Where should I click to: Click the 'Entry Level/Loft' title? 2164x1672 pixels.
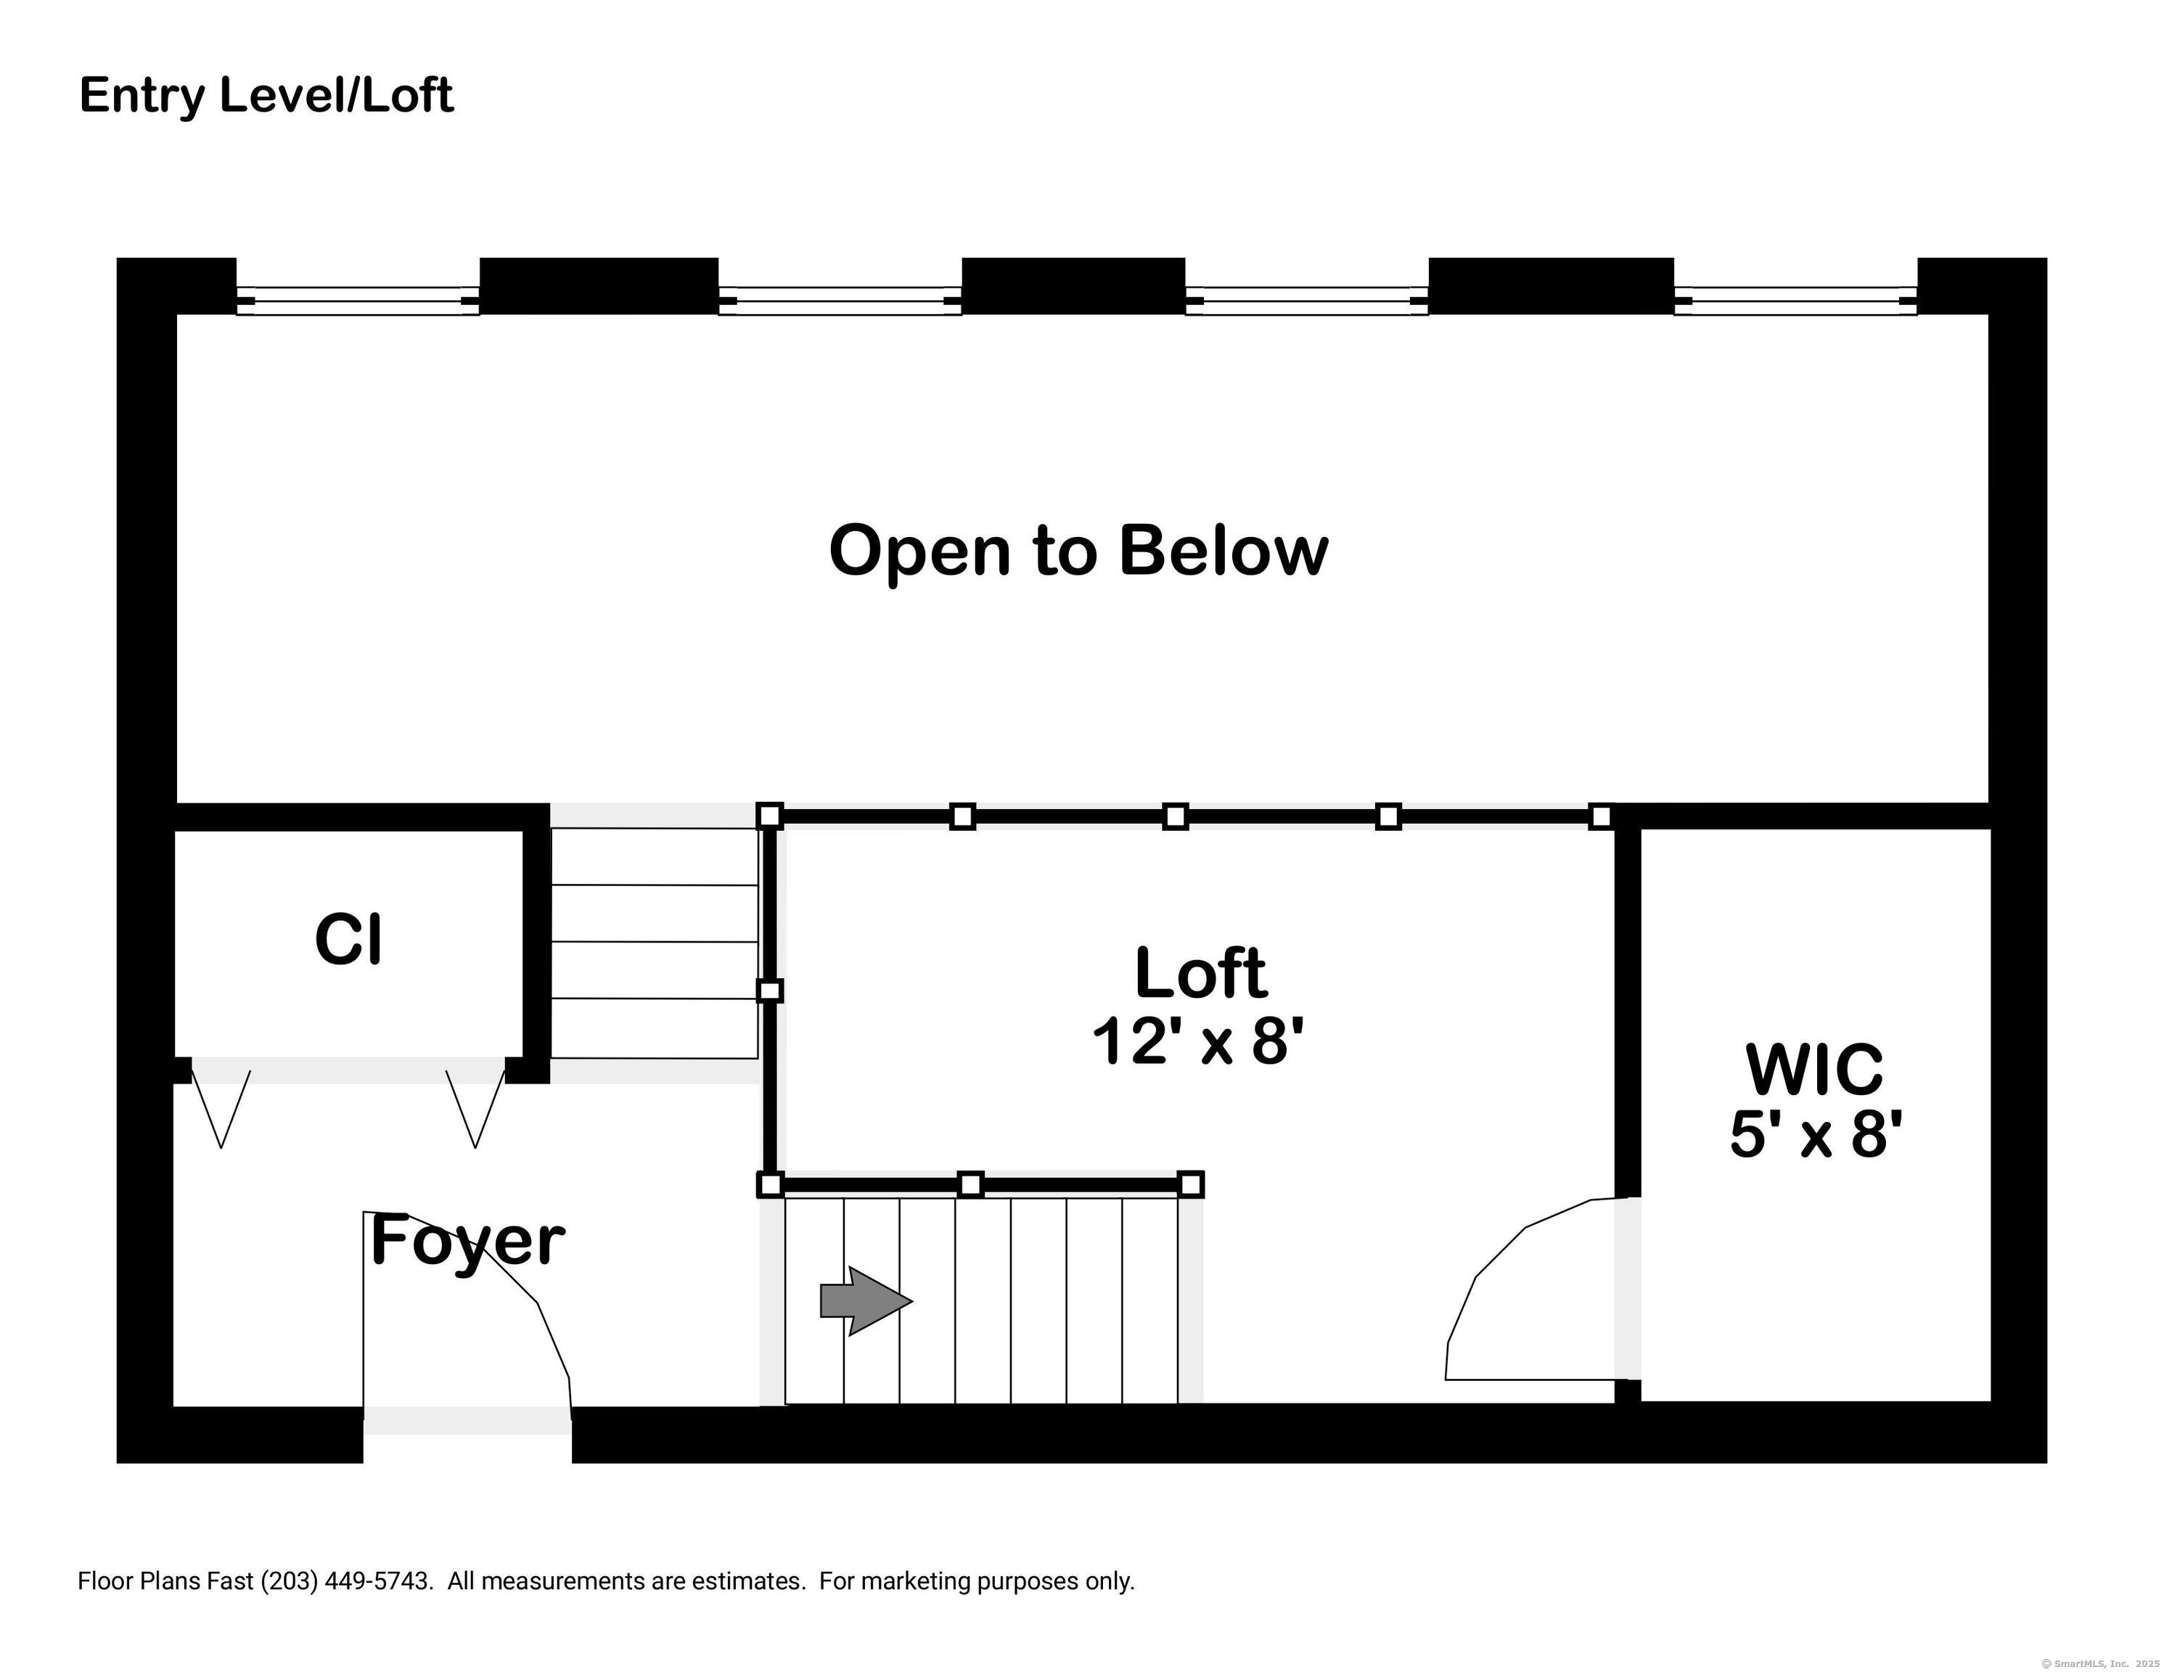(x=266, y=96)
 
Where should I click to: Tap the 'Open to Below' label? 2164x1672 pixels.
(x=1078, y=551)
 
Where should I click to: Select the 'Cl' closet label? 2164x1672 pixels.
(x=348, y=940)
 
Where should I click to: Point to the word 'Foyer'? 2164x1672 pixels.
(x=467, y=1241)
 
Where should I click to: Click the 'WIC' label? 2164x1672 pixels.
(x=1814, y=1070)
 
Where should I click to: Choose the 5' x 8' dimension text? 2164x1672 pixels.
(x=1816, y=1134)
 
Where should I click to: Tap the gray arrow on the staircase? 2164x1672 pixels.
(x=866, y=1300)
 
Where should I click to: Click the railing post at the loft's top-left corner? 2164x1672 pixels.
(x=770, y=816)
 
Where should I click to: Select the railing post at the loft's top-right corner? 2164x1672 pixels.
(x=1600, y=816)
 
